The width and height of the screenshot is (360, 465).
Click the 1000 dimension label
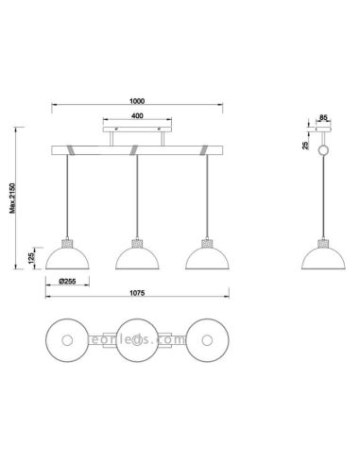pyautogui.click(x=138, y=105)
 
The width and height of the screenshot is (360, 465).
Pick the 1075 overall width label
pyautogui.click(x=138, y=294)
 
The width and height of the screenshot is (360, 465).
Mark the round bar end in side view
pyautogui.click(x=322, y=151)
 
